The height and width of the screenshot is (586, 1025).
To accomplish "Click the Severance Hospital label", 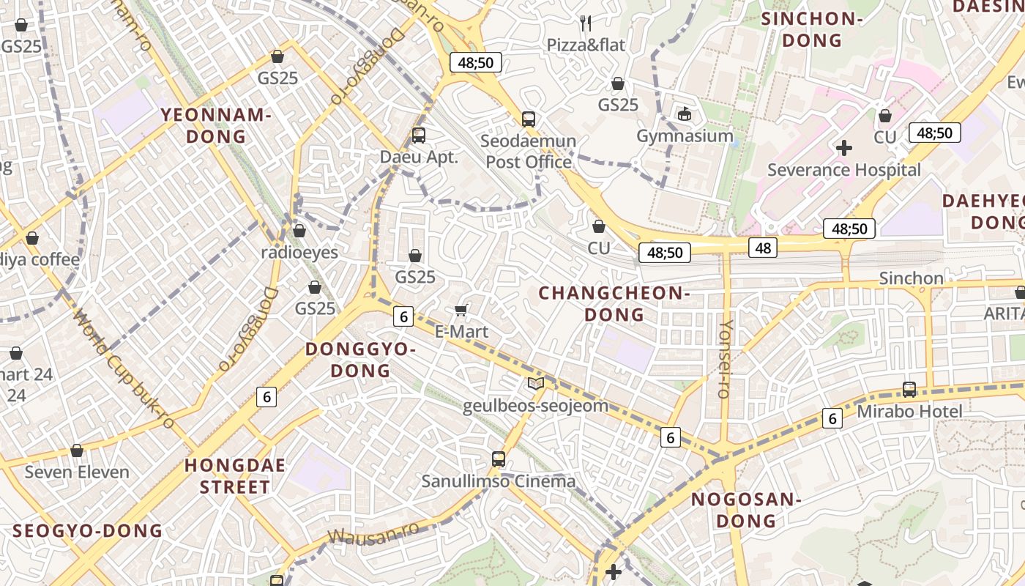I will pos(843,170).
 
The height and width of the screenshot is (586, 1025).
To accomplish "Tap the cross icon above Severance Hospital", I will pos(844,148).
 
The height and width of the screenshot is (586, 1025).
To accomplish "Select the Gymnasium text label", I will pos(685,136).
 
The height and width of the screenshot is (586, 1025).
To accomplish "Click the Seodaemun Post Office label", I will pos(529,151).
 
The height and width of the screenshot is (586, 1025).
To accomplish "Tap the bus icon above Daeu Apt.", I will pos(419,135).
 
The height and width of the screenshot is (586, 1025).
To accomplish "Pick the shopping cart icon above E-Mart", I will pos(461,310).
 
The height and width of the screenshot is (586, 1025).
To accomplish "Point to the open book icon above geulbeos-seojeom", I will pos(536,384).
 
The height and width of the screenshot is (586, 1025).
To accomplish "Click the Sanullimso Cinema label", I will pos(499,481).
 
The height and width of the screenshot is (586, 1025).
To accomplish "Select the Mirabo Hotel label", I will pos(909,411).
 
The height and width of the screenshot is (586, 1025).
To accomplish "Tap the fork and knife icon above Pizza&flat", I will pos(586,23).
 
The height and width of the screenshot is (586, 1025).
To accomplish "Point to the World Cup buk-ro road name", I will pos(124,371).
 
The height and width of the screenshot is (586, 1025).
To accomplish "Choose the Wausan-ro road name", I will pos(374,534).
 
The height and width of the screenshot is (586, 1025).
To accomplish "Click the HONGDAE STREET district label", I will pos(234,475).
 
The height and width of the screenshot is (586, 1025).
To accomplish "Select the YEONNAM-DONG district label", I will pos(216,125).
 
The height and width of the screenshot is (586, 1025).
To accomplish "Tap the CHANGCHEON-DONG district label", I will pos(614,303).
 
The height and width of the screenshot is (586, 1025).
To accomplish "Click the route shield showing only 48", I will pos(763,248).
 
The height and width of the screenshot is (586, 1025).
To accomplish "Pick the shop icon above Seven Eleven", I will pos(77,450).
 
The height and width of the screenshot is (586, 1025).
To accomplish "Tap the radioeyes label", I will pos(299,252).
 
